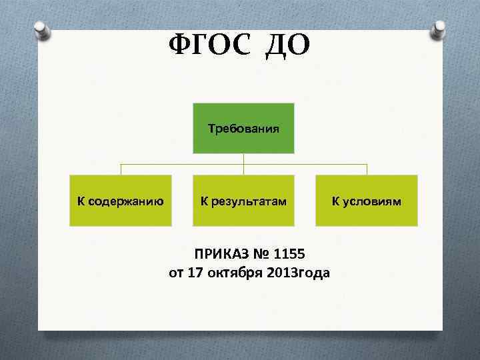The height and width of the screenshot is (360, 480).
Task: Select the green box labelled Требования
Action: click(x=243, y=128)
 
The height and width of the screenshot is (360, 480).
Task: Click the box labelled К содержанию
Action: click(x=121, y=201)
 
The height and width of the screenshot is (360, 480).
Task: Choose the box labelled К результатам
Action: click(x=243, y=201)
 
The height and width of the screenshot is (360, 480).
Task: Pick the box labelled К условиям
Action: click(x=367, y=201)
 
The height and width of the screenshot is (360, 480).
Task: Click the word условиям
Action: click(x=373, y=201)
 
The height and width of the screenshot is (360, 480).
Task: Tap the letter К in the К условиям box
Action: click(x=336, y=201)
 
